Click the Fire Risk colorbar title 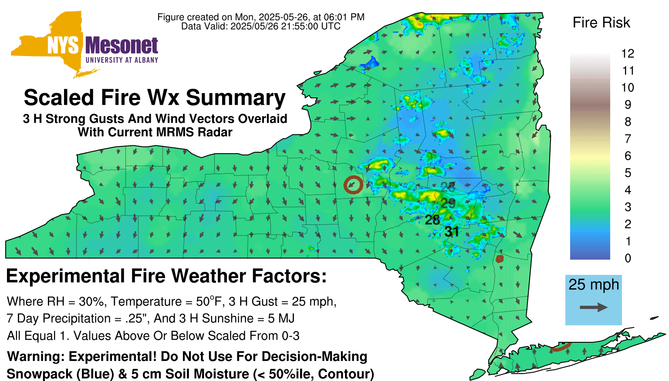(601, 23)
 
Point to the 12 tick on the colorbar (628, 53)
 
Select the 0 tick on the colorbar (628, 258)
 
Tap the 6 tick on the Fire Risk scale (628, 156)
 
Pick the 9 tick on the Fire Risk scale (628, 105)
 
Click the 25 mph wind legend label (594, 285)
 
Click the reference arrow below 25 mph (594, 307)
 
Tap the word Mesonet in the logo (122, 46)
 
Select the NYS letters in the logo (63, 46)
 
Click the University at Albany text (122, 60)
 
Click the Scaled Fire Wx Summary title (155, 97)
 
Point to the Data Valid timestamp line (261, 26)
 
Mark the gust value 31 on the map (452, 232)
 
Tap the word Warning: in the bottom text (36, 357)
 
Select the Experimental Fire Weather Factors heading (166, 276)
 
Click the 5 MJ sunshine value (281, 318)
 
